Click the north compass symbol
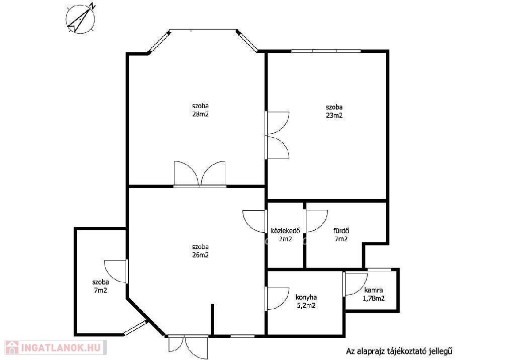[x=81, y=19]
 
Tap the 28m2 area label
[x=200, y=114]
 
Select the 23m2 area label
[x=334, y=115]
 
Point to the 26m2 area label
[x=200, y=255]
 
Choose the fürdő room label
[x=341, y=231]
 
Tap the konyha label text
[x=306, y=297]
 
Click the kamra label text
[x=374, y=291]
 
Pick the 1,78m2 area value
[x=374, y=299]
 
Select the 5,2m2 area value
[x=306, y=306]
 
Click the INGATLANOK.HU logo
[x=56, y=347]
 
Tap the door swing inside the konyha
[x=278, y=298]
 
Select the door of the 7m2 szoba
[x=116, y=272]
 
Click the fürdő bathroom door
[x=316, y=221]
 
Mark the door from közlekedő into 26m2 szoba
[x=254, y=221]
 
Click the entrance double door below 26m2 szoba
[x=188, y=347]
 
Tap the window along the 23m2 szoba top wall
[x=326, y=51]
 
